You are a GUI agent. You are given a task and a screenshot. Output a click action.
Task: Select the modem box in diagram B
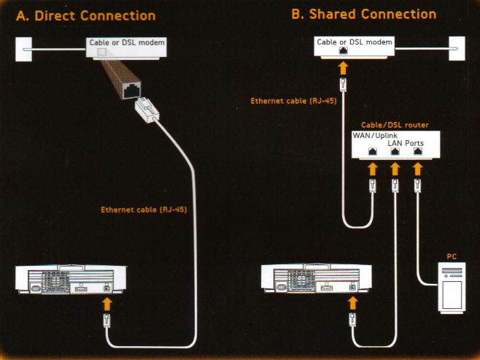point(355,47)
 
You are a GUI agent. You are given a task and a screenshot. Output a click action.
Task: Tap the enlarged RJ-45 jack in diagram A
point(132,91)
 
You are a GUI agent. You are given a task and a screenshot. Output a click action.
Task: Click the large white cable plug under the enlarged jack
point(148,113)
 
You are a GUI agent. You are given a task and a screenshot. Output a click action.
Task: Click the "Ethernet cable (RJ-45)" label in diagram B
point(293,101)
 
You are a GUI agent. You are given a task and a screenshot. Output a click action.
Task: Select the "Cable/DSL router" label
point(395,126)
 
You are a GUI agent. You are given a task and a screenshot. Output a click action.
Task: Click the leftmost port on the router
point(373,152)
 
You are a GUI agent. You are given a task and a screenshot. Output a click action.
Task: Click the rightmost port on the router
point(417,152)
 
